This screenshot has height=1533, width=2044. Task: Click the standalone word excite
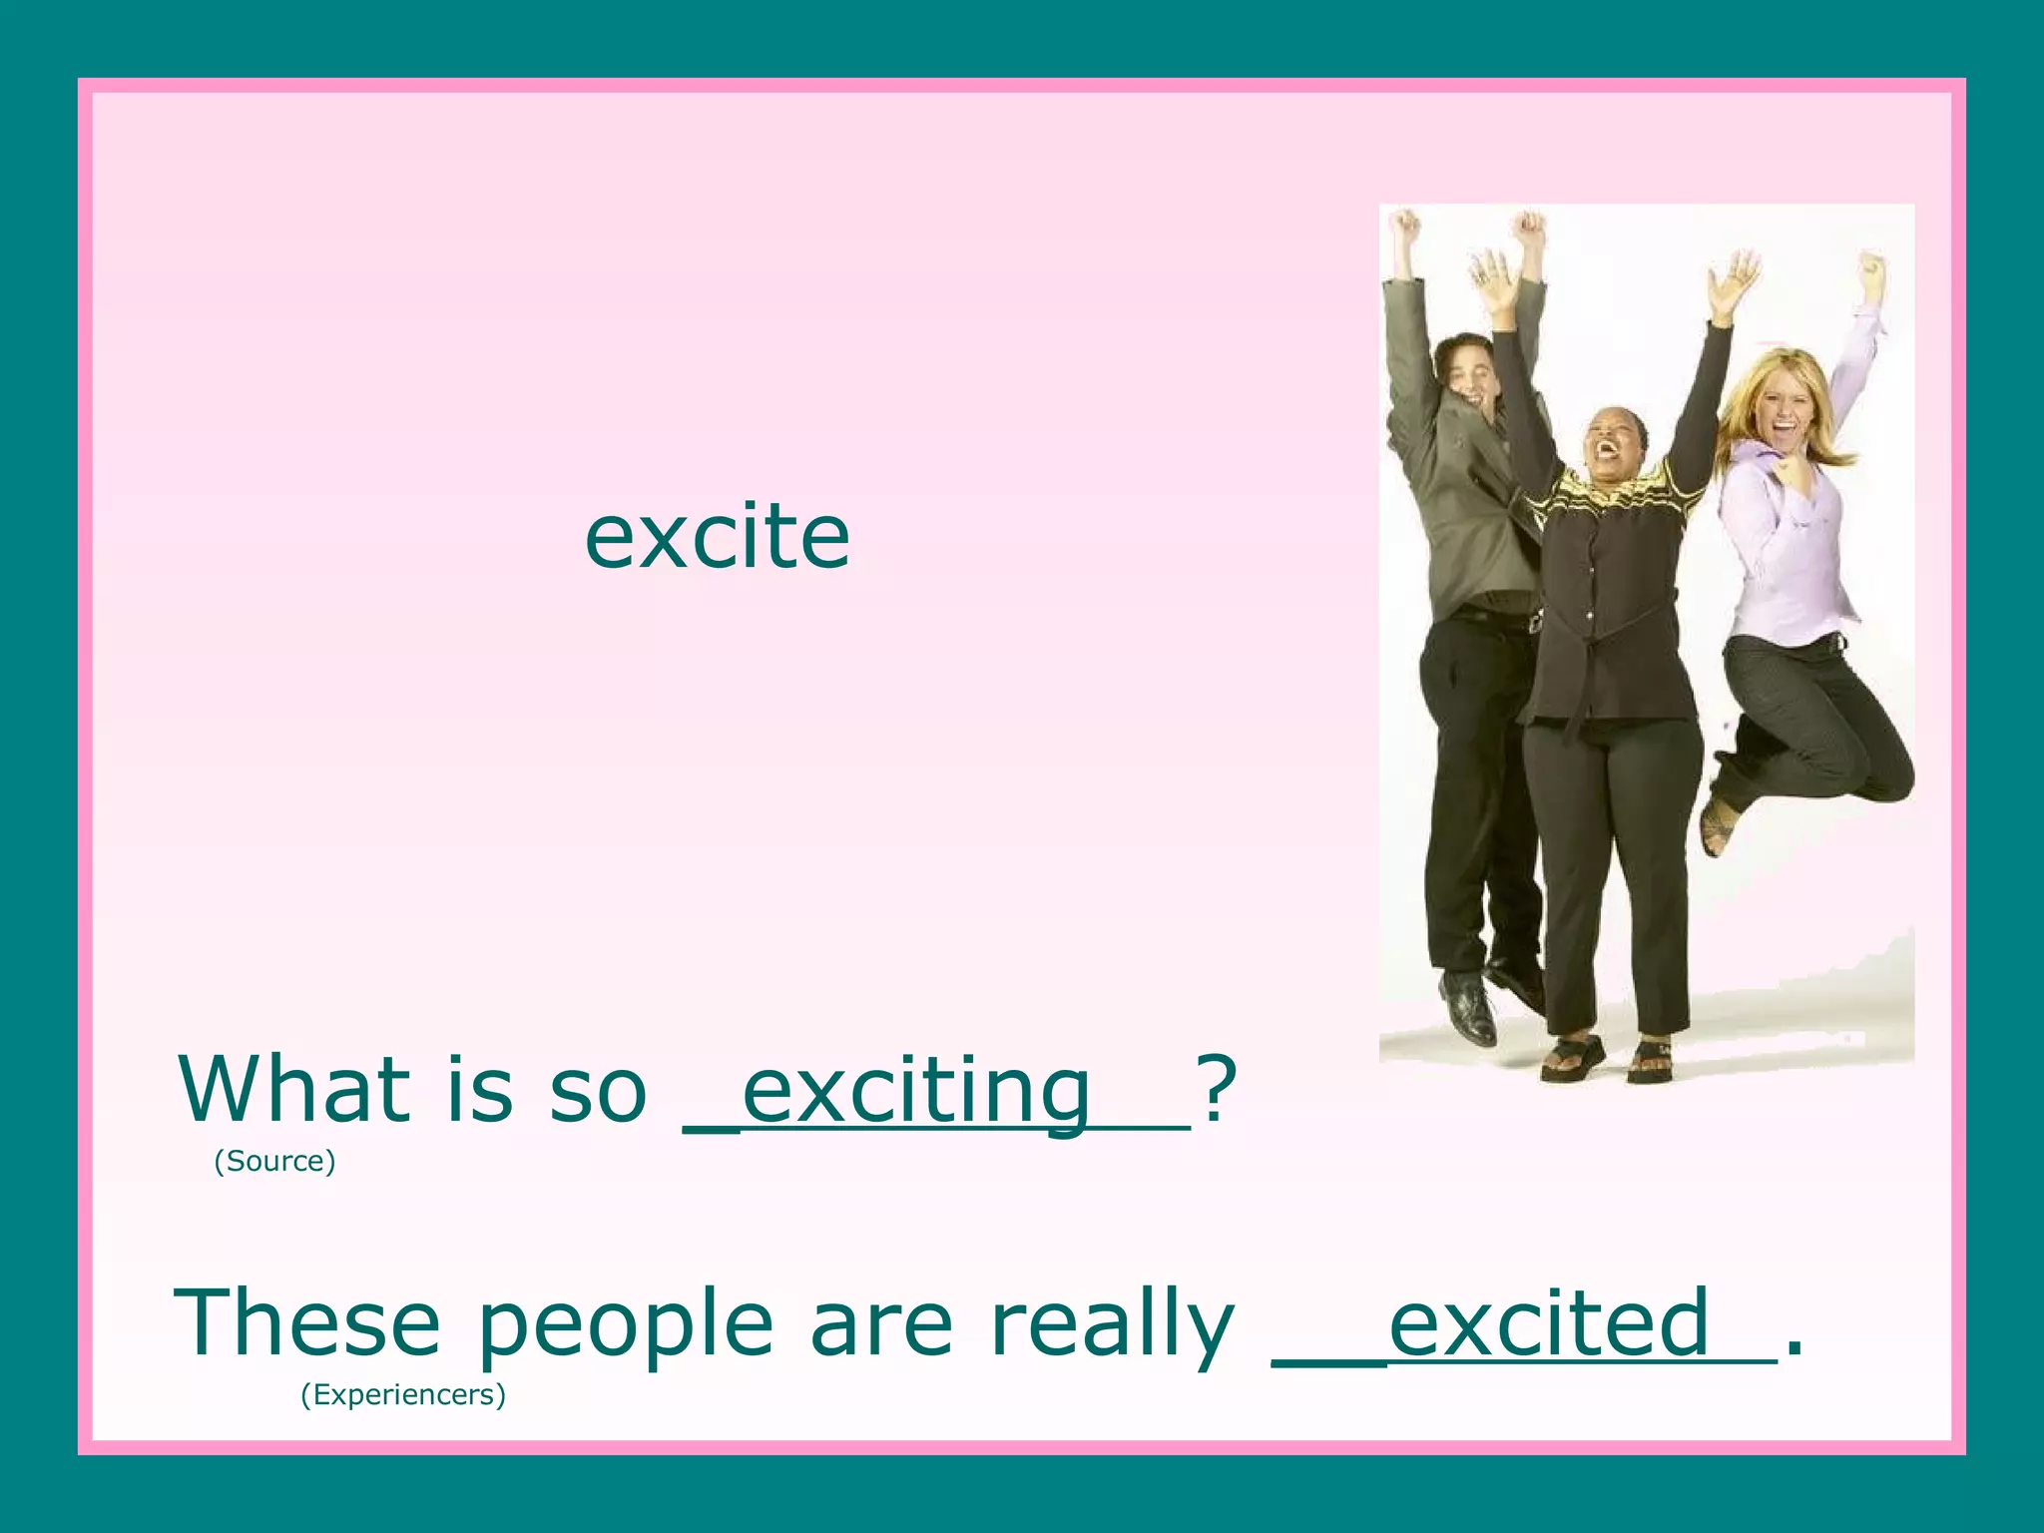[x=717, y=538]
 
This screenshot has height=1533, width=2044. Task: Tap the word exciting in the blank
[x=916, y=1092]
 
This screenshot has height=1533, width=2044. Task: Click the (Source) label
[x=274, y=1161]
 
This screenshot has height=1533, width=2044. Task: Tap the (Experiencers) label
[x=403, y=1394]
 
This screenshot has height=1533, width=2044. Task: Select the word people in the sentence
[x=626, y=1327]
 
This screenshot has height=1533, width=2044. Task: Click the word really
[x=1113, y=1327]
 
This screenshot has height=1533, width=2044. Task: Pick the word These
[x=307, y=1323]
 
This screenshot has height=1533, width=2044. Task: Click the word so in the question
[x=597, y=1092]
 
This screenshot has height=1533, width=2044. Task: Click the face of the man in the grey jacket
[x=1471, y=374]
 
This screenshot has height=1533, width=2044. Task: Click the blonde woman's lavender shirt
[x=1791, y=559]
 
